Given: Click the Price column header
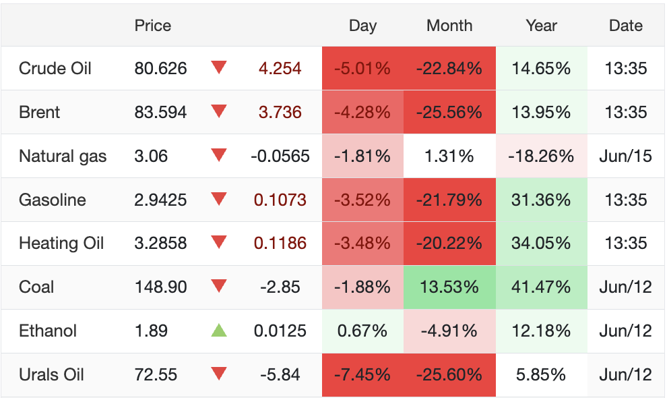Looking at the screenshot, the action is (x=153, y=26).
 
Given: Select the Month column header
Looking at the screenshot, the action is (x=449, y=26).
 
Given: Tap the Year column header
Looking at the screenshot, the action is (x=541, y=26).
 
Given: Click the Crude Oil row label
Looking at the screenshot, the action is (x=55, y=68).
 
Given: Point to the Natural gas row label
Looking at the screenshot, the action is (x=63, y=156).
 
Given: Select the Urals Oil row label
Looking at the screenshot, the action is (x=51, y=374).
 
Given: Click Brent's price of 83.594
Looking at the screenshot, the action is (x=160, y=112).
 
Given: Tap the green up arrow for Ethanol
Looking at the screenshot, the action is (x=219, y=331).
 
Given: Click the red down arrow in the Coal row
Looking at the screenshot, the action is (x=219, y=286).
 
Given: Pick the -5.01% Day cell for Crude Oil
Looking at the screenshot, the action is (x=362, y=68).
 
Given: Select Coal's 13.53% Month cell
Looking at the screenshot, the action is (x=449, y=287).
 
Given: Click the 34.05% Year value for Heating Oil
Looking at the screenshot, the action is (x=541, y=243).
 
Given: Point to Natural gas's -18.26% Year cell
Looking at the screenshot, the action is (x=541, y=156).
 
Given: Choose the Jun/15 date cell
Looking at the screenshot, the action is (x=625, y=156).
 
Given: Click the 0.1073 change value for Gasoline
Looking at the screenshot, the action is (x=280, y=200).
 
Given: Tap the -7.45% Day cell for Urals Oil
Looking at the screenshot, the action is (x=362, y=374).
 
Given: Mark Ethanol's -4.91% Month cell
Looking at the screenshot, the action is (x=449, y=331).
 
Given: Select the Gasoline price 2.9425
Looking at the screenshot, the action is (x=160, y=200).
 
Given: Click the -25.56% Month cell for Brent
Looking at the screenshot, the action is (x=449, y=112).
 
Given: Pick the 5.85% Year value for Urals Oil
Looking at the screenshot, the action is (x=541, y=374).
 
